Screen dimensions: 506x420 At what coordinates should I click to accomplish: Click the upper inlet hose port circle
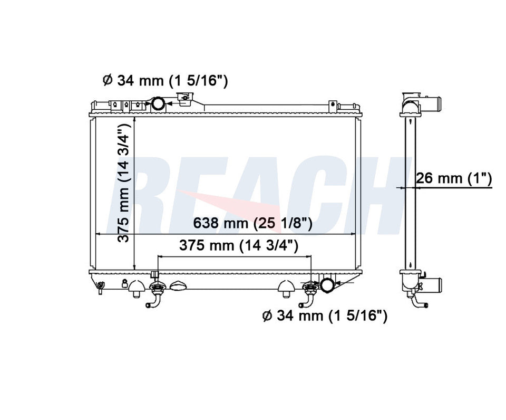click(159, 103)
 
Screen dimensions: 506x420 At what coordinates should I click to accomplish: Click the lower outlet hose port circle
click(327, 285)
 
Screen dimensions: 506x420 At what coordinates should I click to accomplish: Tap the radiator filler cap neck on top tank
click(184, 99)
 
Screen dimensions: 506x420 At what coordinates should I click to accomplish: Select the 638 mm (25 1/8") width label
click(252, 223)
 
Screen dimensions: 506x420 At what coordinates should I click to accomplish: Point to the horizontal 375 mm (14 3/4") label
click(239, 245)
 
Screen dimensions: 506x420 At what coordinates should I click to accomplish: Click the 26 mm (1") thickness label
click(454, 178)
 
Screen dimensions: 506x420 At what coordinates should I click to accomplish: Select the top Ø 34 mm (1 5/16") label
click(165, 80)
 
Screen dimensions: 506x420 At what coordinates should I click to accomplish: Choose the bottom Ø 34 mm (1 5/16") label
click(325, 316)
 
